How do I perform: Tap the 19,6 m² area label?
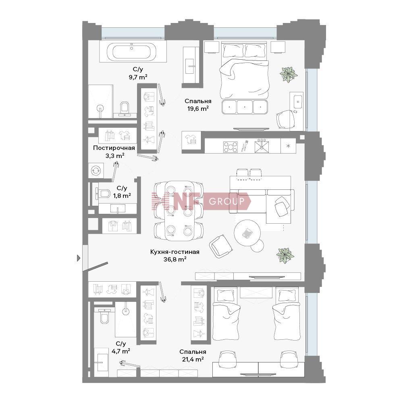(x=197, y=108)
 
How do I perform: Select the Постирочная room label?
(x=114, y=148)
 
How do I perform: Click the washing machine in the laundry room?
(x=96, y=170)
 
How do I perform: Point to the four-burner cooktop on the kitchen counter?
(x=230, y=147)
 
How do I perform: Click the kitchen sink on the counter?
(x=262, y=146)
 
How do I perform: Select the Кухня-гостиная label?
(x=175, y=252)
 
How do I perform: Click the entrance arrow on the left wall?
(x=79, y=258)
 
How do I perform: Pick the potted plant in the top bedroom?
(x=289, y=74)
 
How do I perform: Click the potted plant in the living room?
(x=285, y=255)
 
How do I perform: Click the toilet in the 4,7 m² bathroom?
(x=105, y=316)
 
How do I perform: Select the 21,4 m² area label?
(x=193, y=359)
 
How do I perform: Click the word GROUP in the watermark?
(x=226, y=201)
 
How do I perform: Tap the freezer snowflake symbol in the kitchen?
(x=288, y=146)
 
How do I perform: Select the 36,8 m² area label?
(x=175, y=259)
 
